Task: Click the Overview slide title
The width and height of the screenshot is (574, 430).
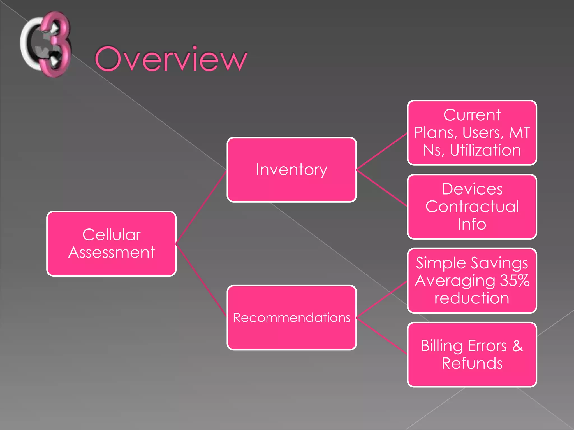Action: pos(171,59)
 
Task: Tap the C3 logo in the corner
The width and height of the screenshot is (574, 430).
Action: pos(46,44)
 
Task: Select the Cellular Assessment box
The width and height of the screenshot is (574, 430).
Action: pos(111,244)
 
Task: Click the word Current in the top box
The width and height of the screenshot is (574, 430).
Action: pos(472,115)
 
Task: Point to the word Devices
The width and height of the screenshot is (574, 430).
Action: pos(472,189)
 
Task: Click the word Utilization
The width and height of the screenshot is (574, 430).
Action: pos(485,150)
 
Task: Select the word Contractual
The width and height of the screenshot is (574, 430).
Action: pos(472,207)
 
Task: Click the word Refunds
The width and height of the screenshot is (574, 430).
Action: pos(472,363)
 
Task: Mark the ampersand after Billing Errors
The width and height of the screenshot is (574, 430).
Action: pos(517,346)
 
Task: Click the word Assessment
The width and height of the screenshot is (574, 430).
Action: pos(111,253)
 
